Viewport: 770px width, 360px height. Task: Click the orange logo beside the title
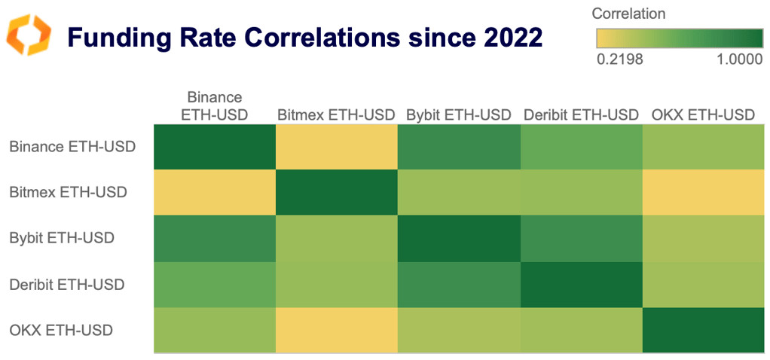29,35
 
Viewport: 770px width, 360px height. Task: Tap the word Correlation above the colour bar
628,14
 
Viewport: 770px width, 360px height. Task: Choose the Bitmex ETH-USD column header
336,115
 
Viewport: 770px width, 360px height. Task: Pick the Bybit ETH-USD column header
459,115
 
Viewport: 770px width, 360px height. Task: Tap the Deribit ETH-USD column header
580,115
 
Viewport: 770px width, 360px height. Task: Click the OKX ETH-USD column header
702,115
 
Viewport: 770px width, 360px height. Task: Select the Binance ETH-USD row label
72,146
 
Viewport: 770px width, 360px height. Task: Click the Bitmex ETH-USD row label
68,192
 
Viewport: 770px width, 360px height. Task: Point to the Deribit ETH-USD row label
67,284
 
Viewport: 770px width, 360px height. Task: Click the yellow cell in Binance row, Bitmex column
337,147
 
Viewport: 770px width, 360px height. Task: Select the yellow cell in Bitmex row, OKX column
703,193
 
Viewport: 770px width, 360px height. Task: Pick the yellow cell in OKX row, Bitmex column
337,330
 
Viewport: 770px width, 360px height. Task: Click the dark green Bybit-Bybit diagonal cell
459,239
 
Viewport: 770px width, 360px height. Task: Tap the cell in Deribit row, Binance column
215,284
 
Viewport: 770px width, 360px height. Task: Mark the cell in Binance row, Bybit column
459,147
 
